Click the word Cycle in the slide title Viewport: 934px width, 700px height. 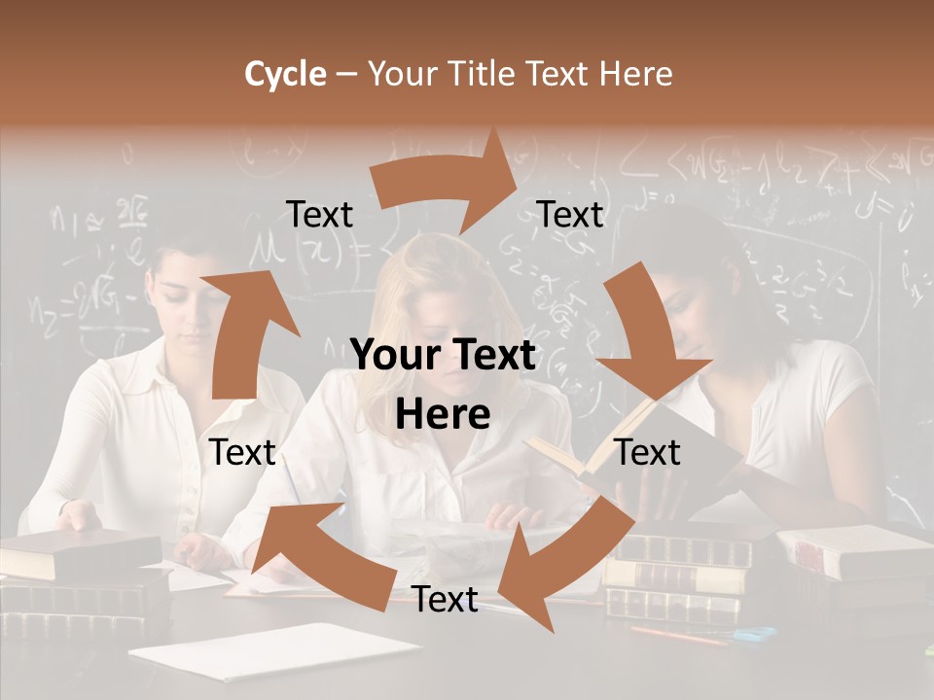point(285,74)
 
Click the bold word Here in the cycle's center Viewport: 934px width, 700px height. point(443,414)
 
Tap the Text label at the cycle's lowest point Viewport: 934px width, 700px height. point(445,600)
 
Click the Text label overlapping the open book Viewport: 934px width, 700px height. point(648,452)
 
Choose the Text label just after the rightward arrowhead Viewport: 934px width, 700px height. point(570,214)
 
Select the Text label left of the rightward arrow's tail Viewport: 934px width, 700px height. point(319,214)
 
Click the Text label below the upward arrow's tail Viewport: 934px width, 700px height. point(242,452)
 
